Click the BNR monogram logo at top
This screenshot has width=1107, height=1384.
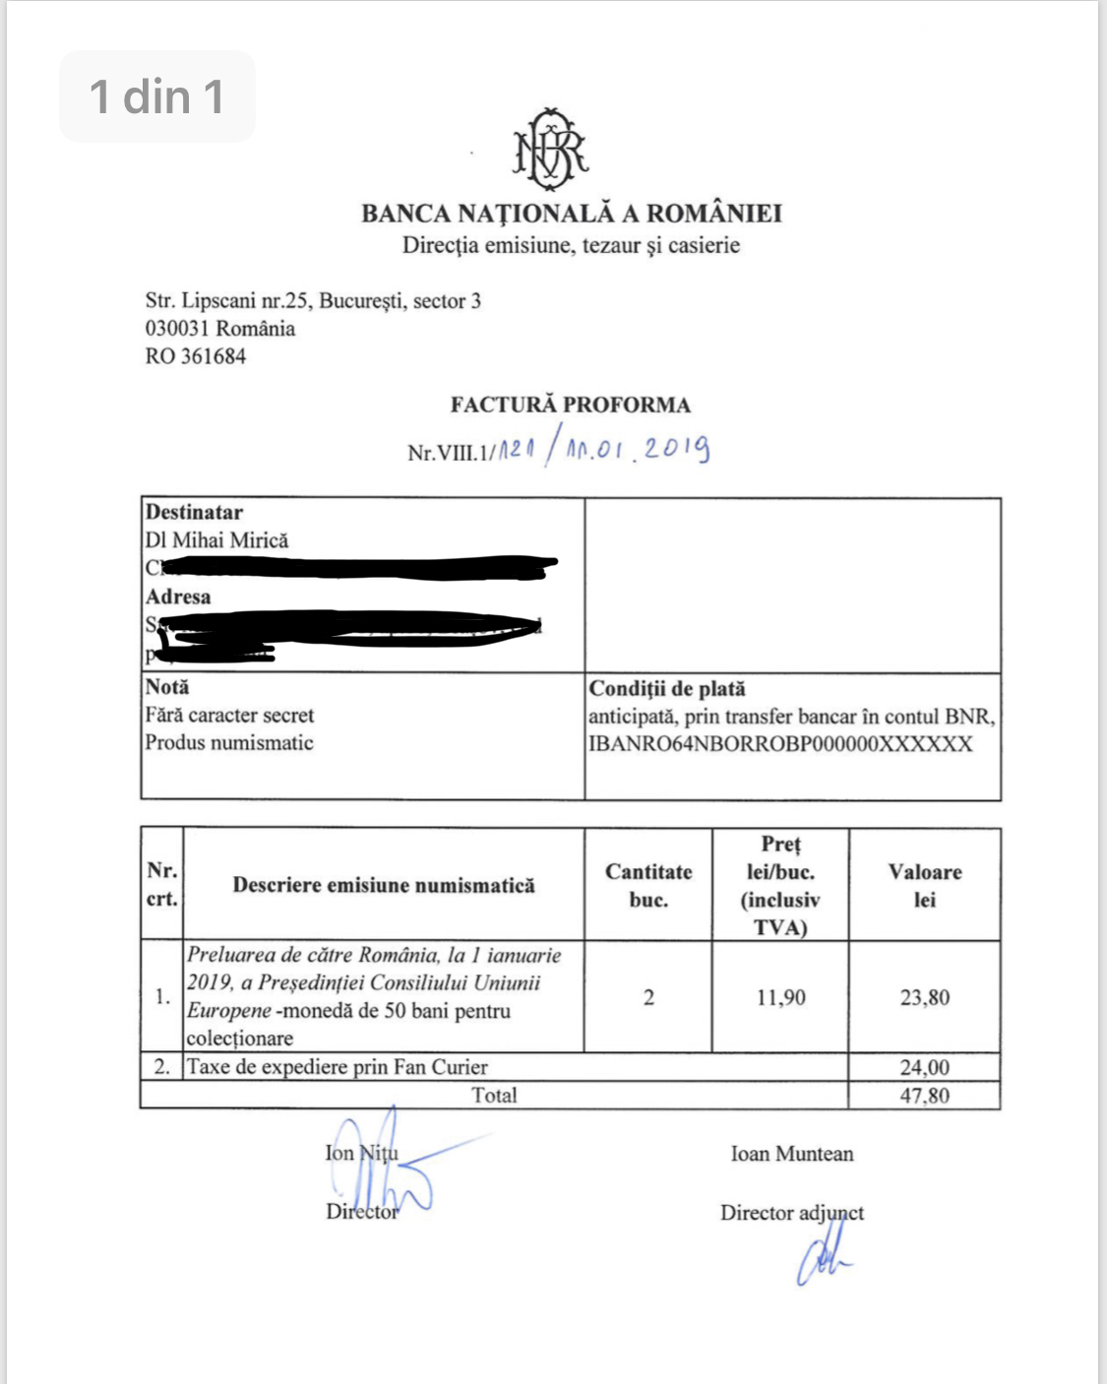coord(550,150)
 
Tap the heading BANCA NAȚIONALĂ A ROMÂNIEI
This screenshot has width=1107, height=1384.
coord(571,214)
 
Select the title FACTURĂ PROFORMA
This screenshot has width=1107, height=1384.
coord(571,405)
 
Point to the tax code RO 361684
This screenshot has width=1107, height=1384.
coord(196,356)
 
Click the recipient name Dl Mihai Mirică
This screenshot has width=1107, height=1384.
coord(217,540)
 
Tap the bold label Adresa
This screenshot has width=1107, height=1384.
coord(178,597)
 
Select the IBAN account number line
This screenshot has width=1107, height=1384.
coord(780,744)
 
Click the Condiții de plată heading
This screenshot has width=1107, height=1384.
coord(667,689)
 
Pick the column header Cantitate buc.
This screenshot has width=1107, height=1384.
coord(648,885)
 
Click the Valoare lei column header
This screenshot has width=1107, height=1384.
coord(925,885)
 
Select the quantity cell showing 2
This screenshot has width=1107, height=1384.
coord(648,997)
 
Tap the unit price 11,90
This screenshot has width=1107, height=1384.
coord(780,997)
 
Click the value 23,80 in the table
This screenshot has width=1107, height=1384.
coord(925,997)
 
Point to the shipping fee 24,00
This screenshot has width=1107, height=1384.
coord(925,1067)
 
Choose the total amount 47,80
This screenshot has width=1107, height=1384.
coord(925,1096)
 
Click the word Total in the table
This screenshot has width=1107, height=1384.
coord(494,1096)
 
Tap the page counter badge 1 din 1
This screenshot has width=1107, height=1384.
coord(157,96)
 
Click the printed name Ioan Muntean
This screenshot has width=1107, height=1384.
coord(792,1154)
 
